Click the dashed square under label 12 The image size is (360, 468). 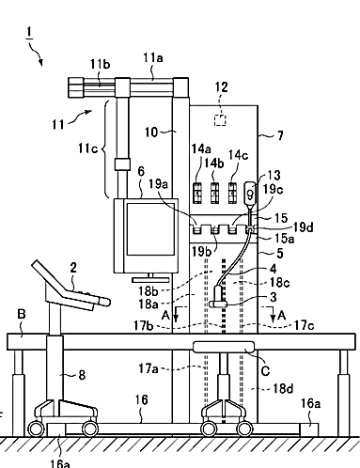click(220, 120)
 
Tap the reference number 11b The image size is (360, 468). click(101, 64)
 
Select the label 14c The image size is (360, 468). click(238, 155)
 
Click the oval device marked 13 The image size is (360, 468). click(250, 194)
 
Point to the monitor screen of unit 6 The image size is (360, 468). click(150, 228)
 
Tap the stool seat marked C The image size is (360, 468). click(224, 347)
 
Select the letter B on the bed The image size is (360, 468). click(22, 314)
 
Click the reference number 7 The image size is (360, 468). click(280, 135)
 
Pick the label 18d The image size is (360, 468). click(284, 388)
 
